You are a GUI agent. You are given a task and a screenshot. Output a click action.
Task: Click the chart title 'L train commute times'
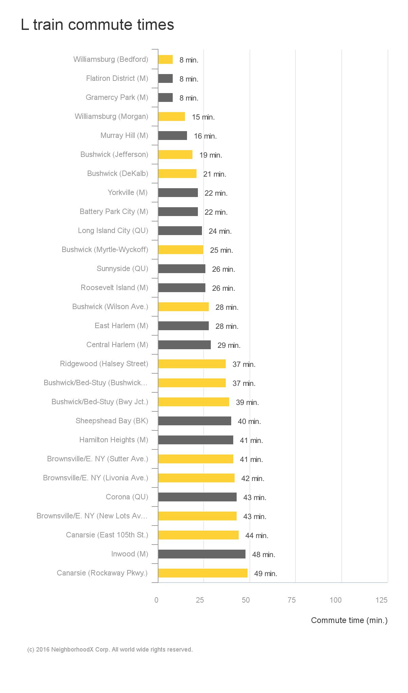coord(97,25)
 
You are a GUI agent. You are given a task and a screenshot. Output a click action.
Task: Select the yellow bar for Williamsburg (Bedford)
coord(166,59)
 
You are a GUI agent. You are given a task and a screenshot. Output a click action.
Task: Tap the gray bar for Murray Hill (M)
coord(173,136)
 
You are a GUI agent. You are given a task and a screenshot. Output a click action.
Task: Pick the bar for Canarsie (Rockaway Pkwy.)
coord(203,573)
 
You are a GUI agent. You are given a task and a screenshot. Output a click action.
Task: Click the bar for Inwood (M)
coord(202,554)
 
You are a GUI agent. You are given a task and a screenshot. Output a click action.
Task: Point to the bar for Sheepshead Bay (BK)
coord(195,421)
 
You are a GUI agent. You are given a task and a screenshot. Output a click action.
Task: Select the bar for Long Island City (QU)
coord(180,231)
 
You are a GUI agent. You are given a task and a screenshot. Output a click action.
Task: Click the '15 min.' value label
coord(203,117)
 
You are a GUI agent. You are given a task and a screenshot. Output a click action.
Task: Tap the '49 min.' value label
coord(266,574)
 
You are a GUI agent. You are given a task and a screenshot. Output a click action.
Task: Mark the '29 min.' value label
coord(229,345)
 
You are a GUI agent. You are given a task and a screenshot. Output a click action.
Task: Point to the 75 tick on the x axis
coord(292,600)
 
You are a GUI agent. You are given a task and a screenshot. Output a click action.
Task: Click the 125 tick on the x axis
coord(381,600)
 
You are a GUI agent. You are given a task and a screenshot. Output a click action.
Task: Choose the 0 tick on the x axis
coord(156,600)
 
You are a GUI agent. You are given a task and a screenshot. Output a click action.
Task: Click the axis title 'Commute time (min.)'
coord(349,620)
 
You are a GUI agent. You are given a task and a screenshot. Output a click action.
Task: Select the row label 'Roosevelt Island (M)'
coord(114,288)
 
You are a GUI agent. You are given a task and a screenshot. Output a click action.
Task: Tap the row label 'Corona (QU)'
coord(127,497)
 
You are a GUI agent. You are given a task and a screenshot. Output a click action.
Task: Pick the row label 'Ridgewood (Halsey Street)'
coord(104,364)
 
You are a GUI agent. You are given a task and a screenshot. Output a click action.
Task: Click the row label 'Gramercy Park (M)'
coord(117,97)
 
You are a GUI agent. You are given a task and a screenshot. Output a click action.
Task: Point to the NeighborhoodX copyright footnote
coord(110,650)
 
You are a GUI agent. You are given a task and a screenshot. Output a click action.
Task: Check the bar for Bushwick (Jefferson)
coord(175,155)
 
